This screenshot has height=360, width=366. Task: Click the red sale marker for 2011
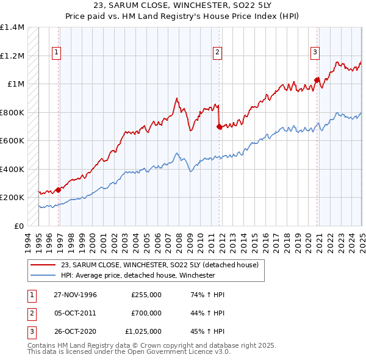219,127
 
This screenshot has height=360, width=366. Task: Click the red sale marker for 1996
59,190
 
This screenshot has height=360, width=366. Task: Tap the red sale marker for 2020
317,80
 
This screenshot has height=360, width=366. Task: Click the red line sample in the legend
43,265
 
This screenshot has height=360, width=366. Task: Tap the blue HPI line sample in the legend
43,275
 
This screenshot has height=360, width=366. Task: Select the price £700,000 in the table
146,313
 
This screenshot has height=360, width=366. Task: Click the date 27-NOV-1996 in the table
75,294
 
